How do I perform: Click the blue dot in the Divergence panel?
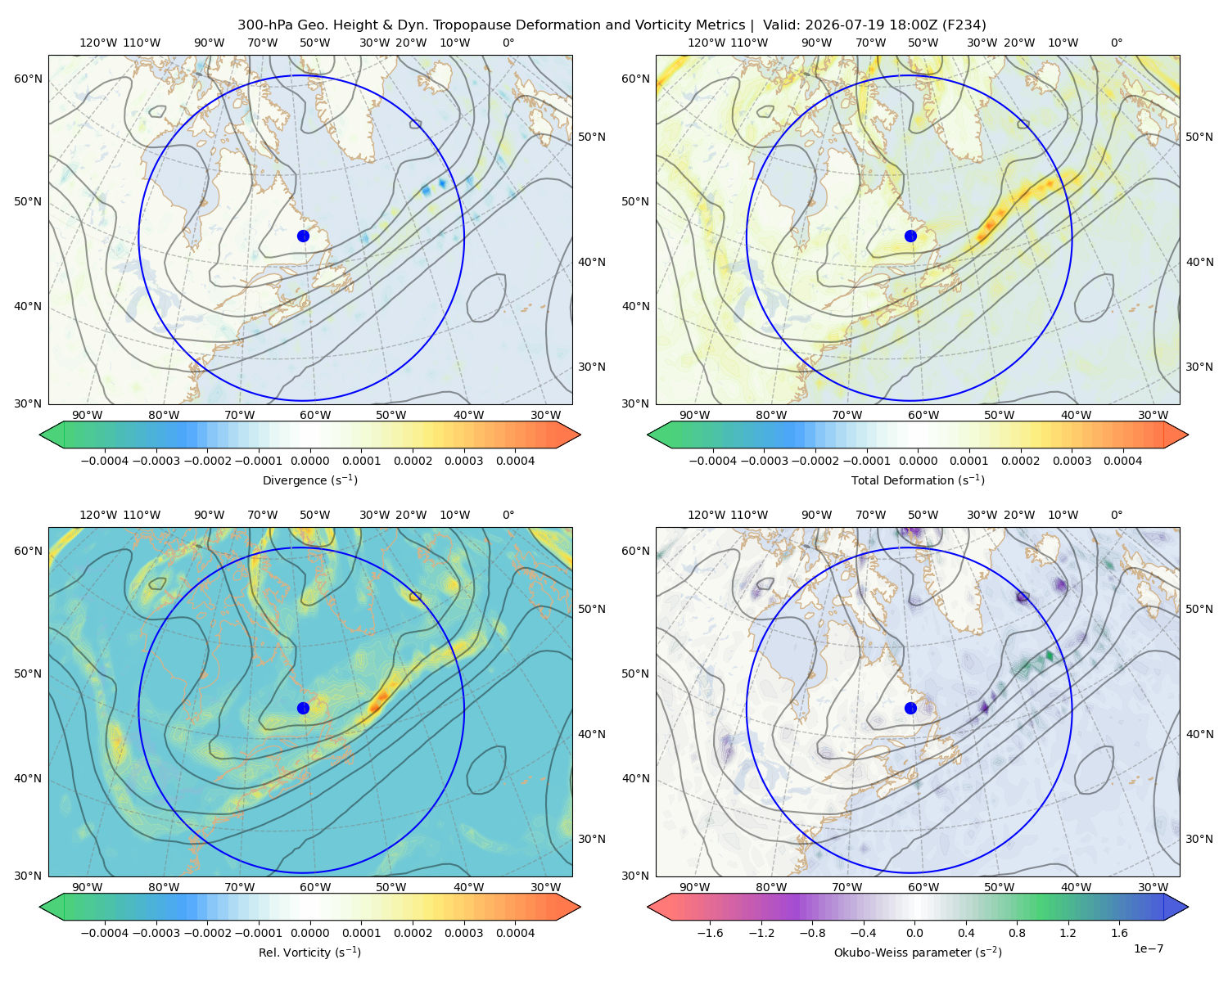(x=303, y=236)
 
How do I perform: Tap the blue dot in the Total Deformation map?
(x=910, y=236)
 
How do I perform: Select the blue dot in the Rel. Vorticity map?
(x=303, y=708)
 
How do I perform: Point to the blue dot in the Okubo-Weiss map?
(x=910, y=708)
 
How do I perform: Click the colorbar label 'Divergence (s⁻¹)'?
(x=309, y=480)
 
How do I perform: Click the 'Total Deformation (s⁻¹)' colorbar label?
(x=918, y=480)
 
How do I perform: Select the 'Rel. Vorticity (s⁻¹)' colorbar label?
(x=309, y=952)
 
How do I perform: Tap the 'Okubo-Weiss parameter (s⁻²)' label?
(x=918, y=952)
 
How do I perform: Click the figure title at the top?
(x=612, y=25)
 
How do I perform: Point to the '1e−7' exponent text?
(x=1148, y=948)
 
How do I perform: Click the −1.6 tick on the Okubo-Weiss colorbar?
(x=710, y=932)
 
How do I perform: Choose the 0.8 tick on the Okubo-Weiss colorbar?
(x=1017, y=932)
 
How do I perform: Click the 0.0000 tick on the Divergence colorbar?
(x=309, y=461)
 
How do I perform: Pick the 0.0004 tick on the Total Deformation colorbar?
(x=1122, y=461)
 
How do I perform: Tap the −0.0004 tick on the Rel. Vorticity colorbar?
(x=105, y=932)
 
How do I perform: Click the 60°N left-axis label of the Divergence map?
(x=28, y=79)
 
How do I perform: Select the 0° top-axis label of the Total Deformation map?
(x=1116, y=43)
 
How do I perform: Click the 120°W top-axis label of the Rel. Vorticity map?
(x=98, y=514)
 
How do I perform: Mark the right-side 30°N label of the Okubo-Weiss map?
(x=1199, y=838)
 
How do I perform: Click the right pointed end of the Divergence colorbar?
(x=580, y=435)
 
